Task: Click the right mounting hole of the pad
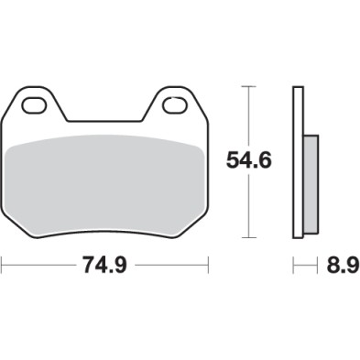[174, 106]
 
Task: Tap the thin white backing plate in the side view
[297, 165]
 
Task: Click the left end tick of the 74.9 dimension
[3, 267]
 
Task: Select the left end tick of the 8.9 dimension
[293, 267]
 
